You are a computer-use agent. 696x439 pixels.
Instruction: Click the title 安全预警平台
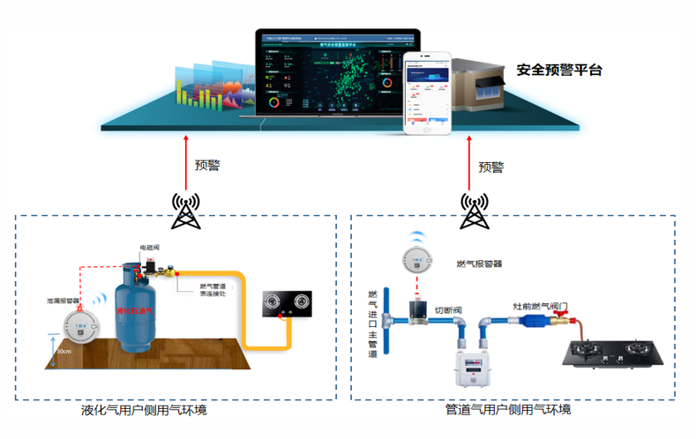tap(558, 70)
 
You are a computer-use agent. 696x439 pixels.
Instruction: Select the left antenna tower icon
tap(186, 209)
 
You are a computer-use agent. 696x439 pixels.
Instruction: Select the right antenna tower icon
tap(474, 210)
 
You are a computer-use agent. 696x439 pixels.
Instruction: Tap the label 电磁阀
tap(149, 248)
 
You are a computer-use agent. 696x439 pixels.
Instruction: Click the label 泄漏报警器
tap(63, 301)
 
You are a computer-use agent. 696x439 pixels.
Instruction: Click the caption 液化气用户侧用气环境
tap(144, 411)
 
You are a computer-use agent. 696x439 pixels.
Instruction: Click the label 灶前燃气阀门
tap(546, 307)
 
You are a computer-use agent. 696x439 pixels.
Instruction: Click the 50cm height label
tap(64, 352)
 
